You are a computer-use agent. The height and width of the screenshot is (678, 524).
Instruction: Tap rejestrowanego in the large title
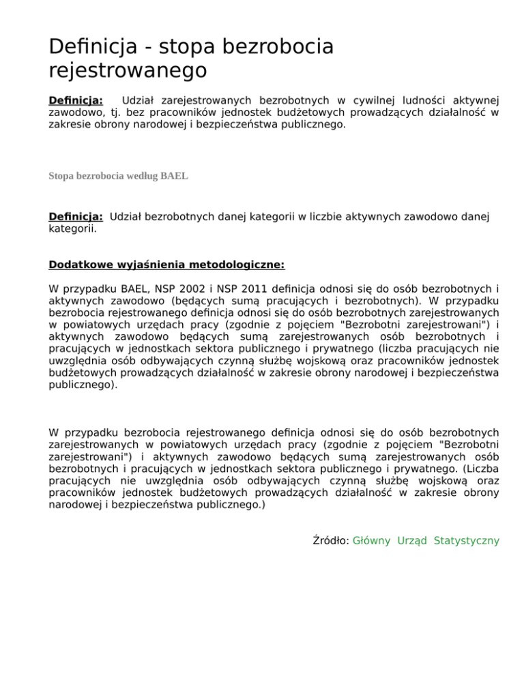pos(128,70)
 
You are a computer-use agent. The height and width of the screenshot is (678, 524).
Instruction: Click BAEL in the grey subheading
pos(174,176)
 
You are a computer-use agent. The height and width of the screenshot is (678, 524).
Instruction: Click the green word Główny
pos(372,541)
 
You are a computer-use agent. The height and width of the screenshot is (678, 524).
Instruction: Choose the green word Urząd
pos(412,541)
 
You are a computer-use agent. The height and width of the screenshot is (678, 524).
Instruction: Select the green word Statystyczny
pos(467,541)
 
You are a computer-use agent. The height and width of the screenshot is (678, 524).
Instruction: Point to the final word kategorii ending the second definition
pos(72,229)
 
